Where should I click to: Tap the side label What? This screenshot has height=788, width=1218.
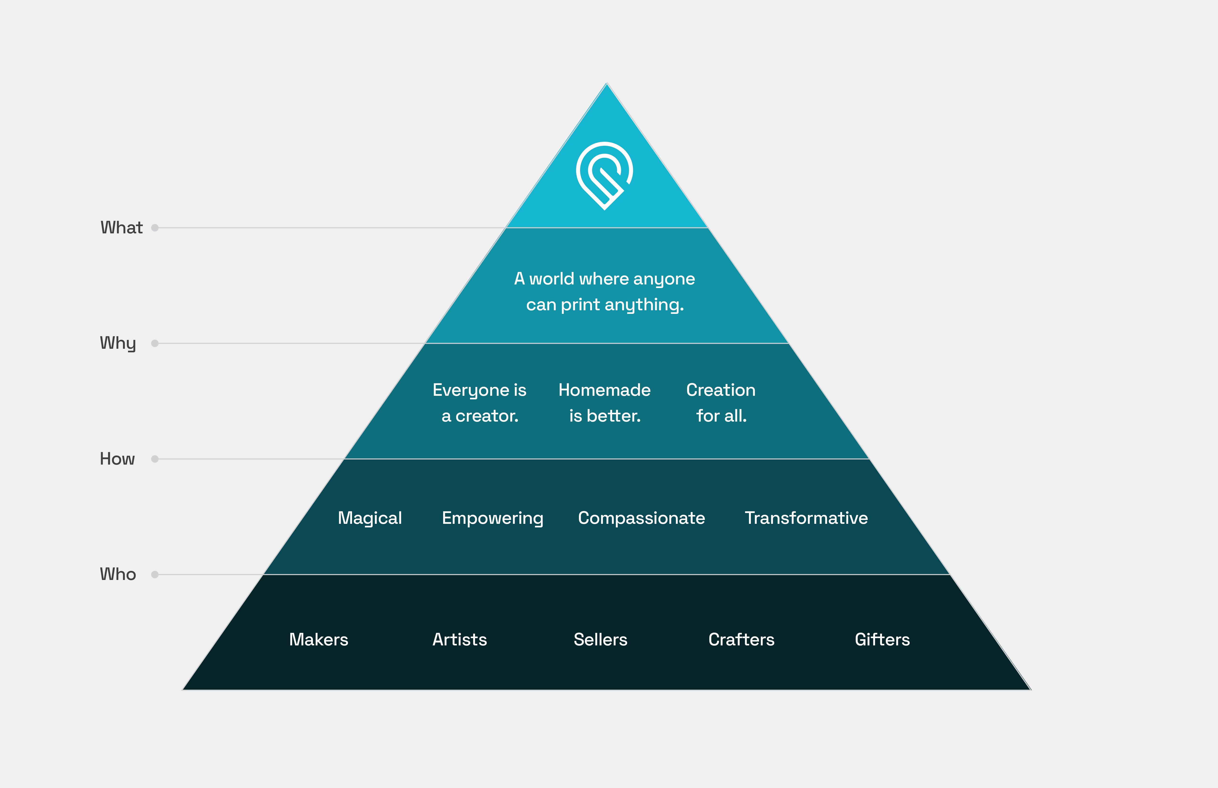pos(121,228)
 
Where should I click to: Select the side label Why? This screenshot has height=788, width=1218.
pos(118,343)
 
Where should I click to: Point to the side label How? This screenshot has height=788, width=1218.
pos(117,459)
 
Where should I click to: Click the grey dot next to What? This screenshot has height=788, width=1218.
pos(155,228)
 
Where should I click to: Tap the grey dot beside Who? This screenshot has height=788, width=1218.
pos(155,575)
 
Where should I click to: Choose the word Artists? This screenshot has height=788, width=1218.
pos(459,640)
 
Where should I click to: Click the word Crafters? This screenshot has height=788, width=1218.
pos(741,640)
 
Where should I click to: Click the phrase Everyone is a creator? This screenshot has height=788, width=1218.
pos(479,403)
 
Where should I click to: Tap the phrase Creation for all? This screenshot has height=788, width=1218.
pos(721,403)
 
